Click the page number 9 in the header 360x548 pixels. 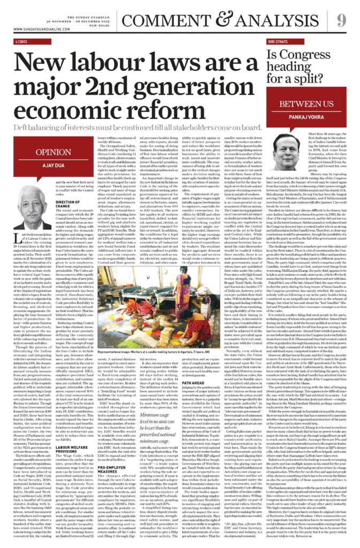341,20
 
